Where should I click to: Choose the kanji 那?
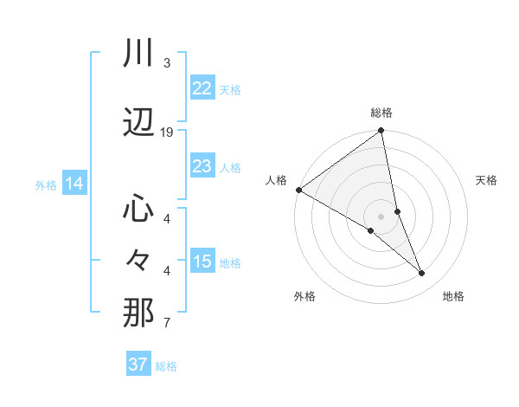pos(138,312)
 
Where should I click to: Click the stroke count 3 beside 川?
pos(166,63)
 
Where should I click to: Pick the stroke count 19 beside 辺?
pos(167,132)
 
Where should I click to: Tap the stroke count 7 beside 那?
pos(166,324)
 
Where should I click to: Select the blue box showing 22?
pos(202,88)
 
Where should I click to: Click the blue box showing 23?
pos(202,166)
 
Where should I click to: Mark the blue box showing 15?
pos(202,262)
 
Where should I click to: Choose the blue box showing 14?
pos(74,184)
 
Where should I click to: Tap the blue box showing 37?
pos(138,365)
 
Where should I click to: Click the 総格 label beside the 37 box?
pos(166,366)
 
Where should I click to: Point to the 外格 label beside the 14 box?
pos(46,185)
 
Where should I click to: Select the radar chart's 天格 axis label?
pos(487,180)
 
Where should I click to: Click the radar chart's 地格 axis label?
pos(453,296)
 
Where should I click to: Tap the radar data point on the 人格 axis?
pos(298,190)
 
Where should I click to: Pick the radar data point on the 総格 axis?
pos(381,132)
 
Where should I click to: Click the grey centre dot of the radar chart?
pos(381,216)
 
